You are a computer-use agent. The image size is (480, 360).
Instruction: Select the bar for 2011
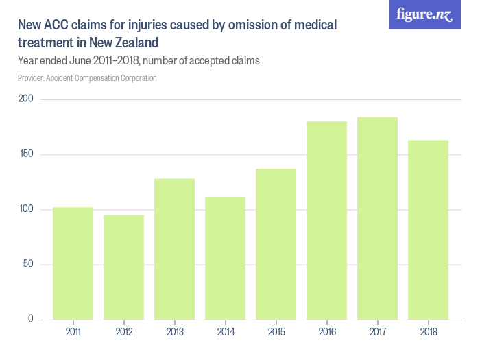point(73,263)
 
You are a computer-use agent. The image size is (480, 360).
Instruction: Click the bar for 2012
point(123,267)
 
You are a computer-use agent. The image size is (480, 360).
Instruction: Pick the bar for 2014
point(225,259)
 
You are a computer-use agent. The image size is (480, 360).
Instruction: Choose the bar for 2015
point(276,244)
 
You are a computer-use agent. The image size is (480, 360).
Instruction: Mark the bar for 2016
point(326,220)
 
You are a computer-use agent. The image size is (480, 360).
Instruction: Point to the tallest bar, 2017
point(377,218)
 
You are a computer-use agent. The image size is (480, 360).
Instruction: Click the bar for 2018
point(428,230)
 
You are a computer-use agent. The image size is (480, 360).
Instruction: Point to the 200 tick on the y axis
point(26,100)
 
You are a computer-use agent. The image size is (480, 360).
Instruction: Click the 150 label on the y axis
point(26,155)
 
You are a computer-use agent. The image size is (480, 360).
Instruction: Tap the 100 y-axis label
point(26,210)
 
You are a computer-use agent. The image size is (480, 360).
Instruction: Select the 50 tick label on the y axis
point(28,265)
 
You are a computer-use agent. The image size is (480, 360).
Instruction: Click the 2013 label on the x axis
point(174,332)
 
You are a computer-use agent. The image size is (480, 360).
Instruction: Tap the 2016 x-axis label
point(326,332)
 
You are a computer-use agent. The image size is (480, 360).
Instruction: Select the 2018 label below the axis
point(428,332)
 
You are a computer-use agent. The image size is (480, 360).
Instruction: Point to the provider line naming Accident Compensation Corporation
point(87,78)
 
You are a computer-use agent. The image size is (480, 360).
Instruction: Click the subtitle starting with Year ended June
point(139,61)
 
